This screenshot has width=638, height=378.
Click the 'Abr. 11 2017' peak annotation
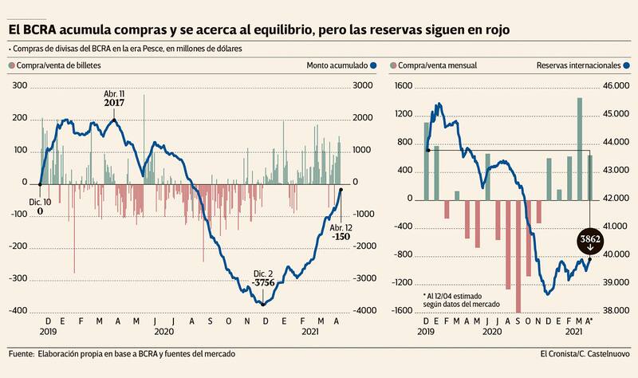(115, 98)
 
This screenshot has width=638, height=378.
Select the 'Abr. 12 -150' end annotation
(341, 231)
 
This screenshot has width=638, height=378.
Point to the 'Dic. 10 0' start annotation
(41, 207)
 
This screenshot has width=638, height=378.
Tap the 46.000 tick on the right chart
(616, 86)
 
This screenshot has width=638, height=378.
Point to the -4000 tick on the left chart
(363, 311)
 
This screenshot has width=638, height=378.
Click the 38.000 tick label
(616, 311)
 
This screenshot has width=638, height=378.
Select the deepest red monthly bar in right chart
(518, 255)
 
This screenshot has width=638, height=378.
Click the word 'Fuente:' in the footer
(22, 353)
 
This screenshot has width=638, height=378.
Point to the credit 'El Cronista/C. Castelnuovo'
(584, 353)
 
